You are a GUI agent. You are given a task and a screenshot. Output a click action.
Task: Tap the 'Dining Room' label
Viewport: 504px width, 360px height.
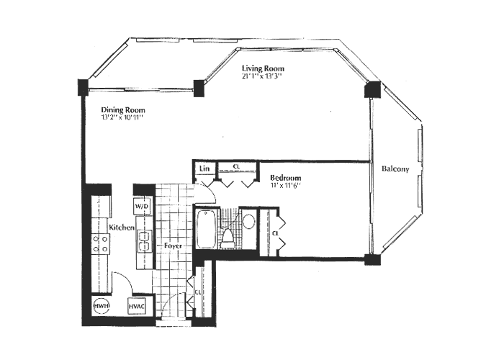tap(123, 110)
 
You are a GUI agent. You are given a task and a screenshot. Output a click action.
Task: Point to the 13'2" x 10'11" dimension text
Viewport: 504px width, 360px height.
tap(123, 119)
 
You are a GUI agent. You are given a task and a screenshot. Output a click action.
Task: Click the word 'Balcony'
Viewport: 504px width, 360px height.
tap(395, 169)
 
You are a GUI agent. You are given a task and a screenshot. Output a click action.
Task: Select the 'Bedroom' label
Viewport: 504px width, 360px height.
tap(285, 177)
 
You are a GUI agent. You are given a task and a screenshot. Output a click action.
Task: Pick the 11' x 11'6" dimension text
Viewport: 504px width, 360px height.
tap(285, 186)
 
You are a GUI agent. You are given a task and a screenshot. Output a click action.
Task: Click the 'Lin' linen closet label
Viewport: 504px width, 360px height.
tap(204, 168)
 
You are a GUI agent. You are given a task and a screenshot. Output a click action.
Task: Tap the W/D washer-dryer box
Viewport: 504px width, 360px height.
tap(142, 207)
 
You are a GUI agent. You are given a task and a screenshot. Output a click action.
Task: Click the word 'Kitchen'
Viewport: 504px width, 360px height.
tap(122, 228)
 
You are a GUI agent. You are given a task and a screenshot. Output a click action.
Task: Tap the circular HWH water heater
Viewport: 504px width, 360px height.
tap(100, 306)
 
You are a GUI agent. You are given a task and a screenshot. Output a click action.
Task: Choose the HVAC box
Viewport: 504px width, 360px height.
tap(138, 306)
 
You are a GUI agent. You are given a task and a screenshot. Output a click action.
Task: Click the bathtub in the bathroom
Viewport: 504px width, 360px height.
tap(205, 228)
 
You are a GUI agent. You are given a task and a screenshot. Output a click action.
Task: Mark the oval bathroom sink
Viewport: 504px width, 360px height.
tap(248, 221)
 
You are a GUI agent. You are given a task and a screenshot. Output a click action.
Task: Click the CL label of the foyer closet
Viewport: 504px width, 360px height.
tap(198, 292)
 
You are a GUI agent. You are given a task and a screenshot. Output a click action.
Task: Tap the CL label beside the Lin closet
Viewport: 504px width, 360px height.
tap(236, 166)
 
